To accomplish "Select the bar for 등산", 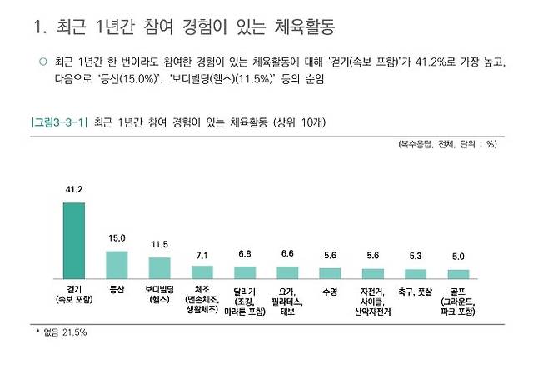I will coord(117,264).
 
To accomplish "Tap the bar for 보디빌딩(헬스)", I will coord(159,267).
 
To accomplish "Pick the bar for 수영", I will coord(330,272).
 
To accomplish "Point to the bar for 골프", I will coord(458,273).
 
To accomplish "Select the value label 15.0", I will coord(117,239).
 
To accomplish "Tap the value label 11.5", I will coord(159,245).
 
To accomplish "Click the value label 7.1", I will coord(202,253).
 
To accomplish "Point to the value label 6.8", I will coord(245,254).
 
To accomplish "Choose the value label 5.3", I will coord(416,257).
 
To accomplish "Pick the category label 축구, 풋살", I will coord(416,291).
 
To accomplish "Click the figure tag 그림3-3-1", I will coord(59,122).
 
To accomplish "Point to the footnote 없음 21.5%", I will coord(64,332).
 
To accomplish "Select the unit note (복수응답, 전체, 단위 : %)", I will coord(447,144).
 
